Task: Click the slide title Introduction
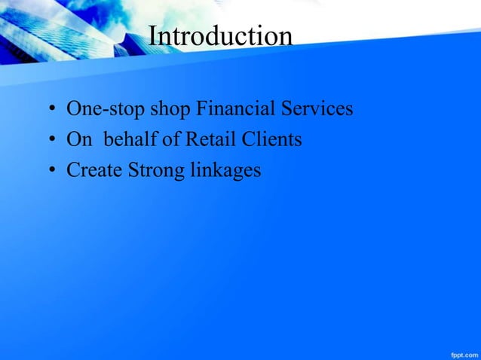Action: [220, 35]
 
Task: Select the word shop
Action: [170, 110]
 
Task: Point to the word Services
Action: [318, 109]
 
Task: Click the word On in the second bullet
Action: [78, 140]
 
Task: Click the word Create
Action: [94, 170]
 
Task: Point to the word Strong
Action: [155, 171]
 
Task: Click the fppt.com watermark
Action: [460, 351]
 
